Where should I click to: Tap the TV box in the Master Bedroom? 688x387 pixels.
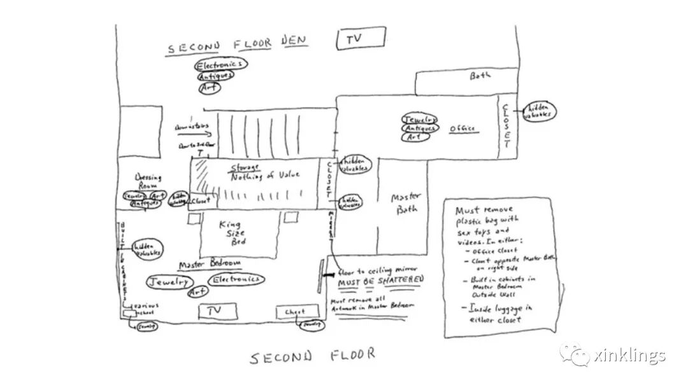click(x=217, y=311)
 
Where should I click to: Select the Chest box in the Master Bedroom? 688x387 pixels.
click(x=295, y=312)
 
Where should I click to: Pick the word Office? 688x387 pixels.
click(x=462, y=129)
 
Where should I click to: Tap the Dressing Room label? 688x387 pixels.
click(x=148, y=181)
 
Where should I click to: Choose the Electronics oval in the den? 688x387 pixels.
click(x=220, y=64)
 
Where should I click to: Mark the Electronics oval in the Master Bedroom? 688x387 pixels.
click(x=237, y=279)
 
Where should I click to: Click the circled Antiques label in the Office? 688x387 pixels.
click(x=420, y=128)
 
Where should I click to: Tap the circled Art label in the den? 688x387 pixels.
click(x=209, y=88)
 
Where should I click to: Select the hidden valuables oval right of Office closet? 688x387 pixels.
click(x=538, y=111)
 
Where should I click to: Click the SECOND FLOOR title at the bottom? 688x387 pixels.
click(x=312, y=356)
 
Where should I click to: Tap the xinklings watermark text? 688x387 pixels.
click(x=628, y=355)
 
